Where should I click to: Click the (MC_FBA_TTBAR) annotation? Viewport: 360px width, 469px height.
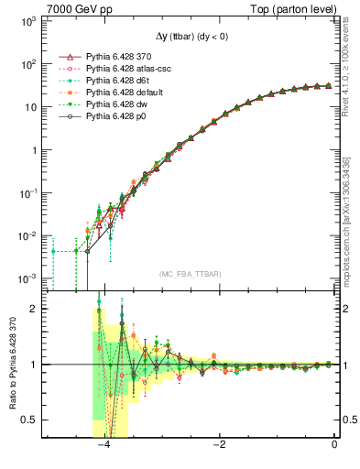coord(190,274)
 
